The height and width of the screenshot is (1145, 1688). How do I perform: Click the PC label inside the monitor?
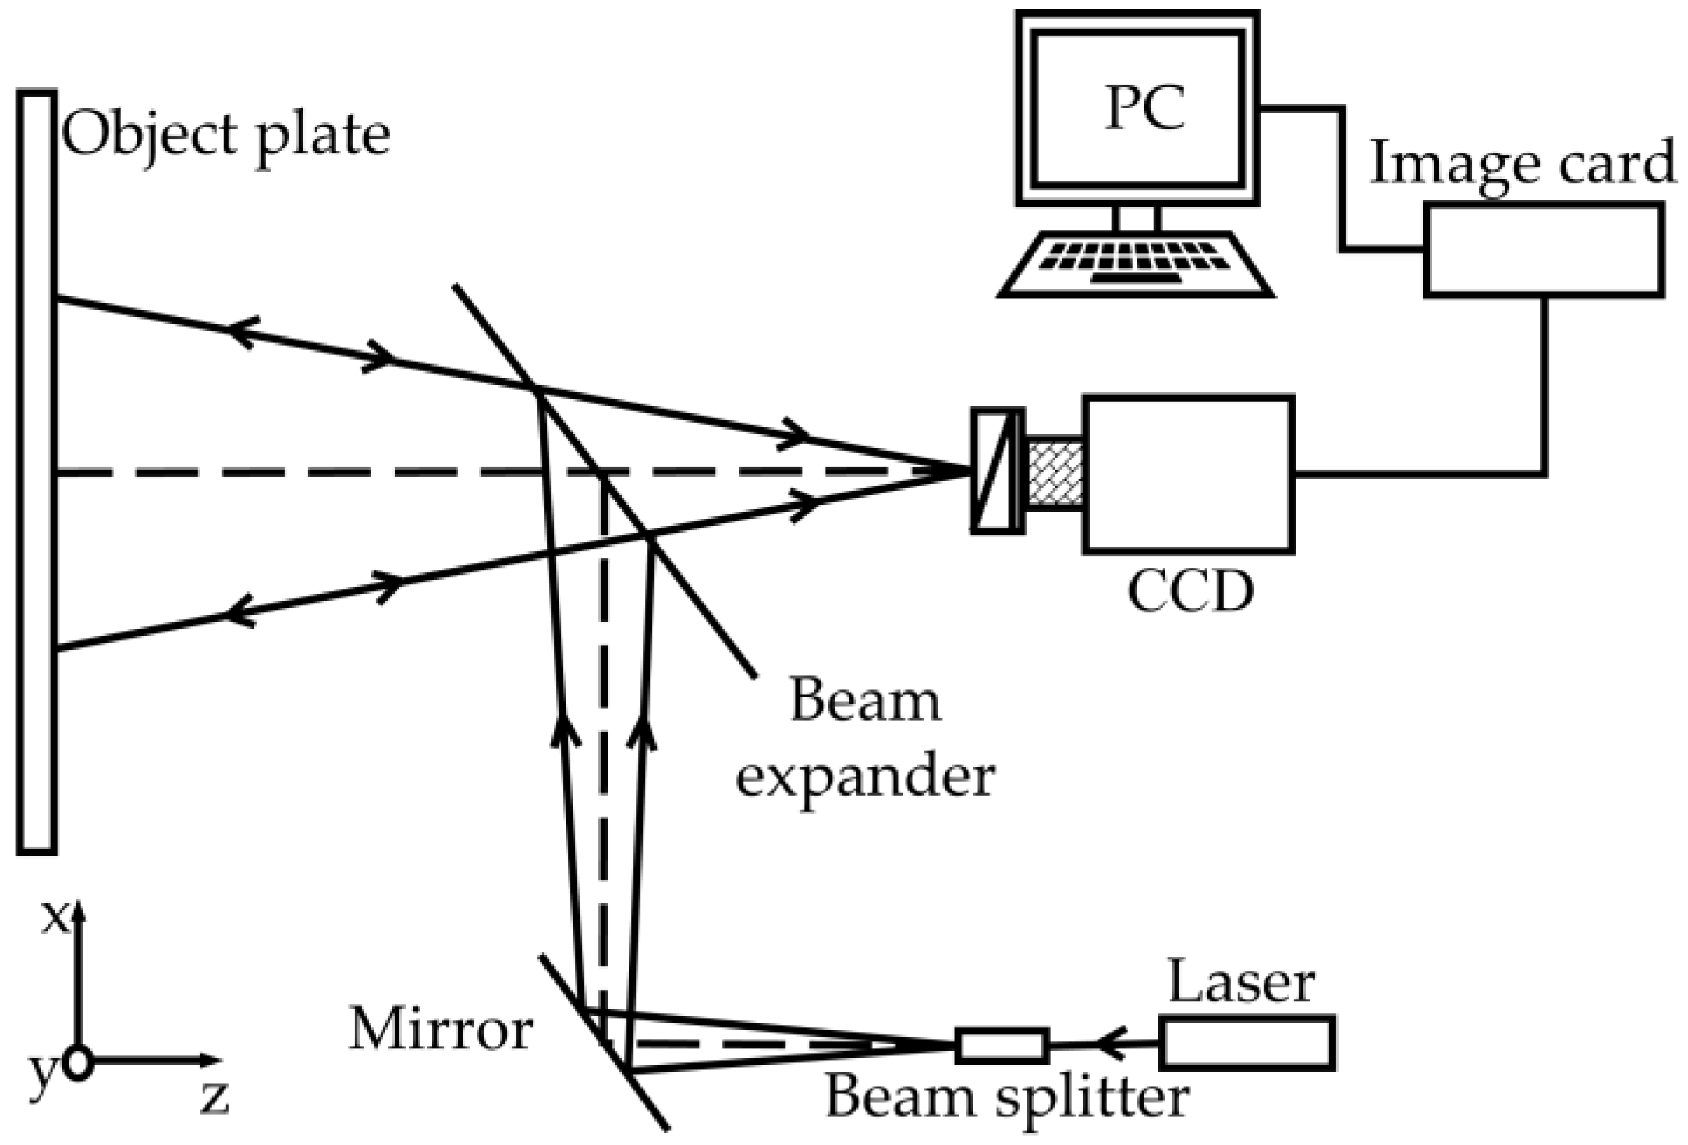(x=1144, y=108)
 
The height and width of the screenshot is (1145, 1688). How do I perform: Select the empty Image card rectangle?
(x=1543, y=250)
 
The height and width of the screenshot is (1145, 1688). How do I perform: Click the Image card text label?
(x=1522, y=163)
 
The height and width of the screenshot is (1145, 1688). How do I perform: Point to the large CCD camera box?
(x=1188, y=475)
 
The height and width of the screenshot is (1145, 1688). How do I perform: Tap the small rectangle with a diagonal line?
(x=997, y=471)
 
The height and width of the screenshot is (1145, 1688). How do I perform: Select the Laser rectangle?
(x=1246, y=1042)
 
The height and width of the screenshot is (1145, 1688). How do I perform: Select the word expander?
(x=865, y=778)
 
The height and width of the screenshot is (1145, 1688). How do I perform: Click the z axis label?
(x=215, y=1098)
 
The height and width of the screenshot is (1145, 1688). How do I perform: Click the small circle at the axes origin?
(x=78, y=1063)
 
